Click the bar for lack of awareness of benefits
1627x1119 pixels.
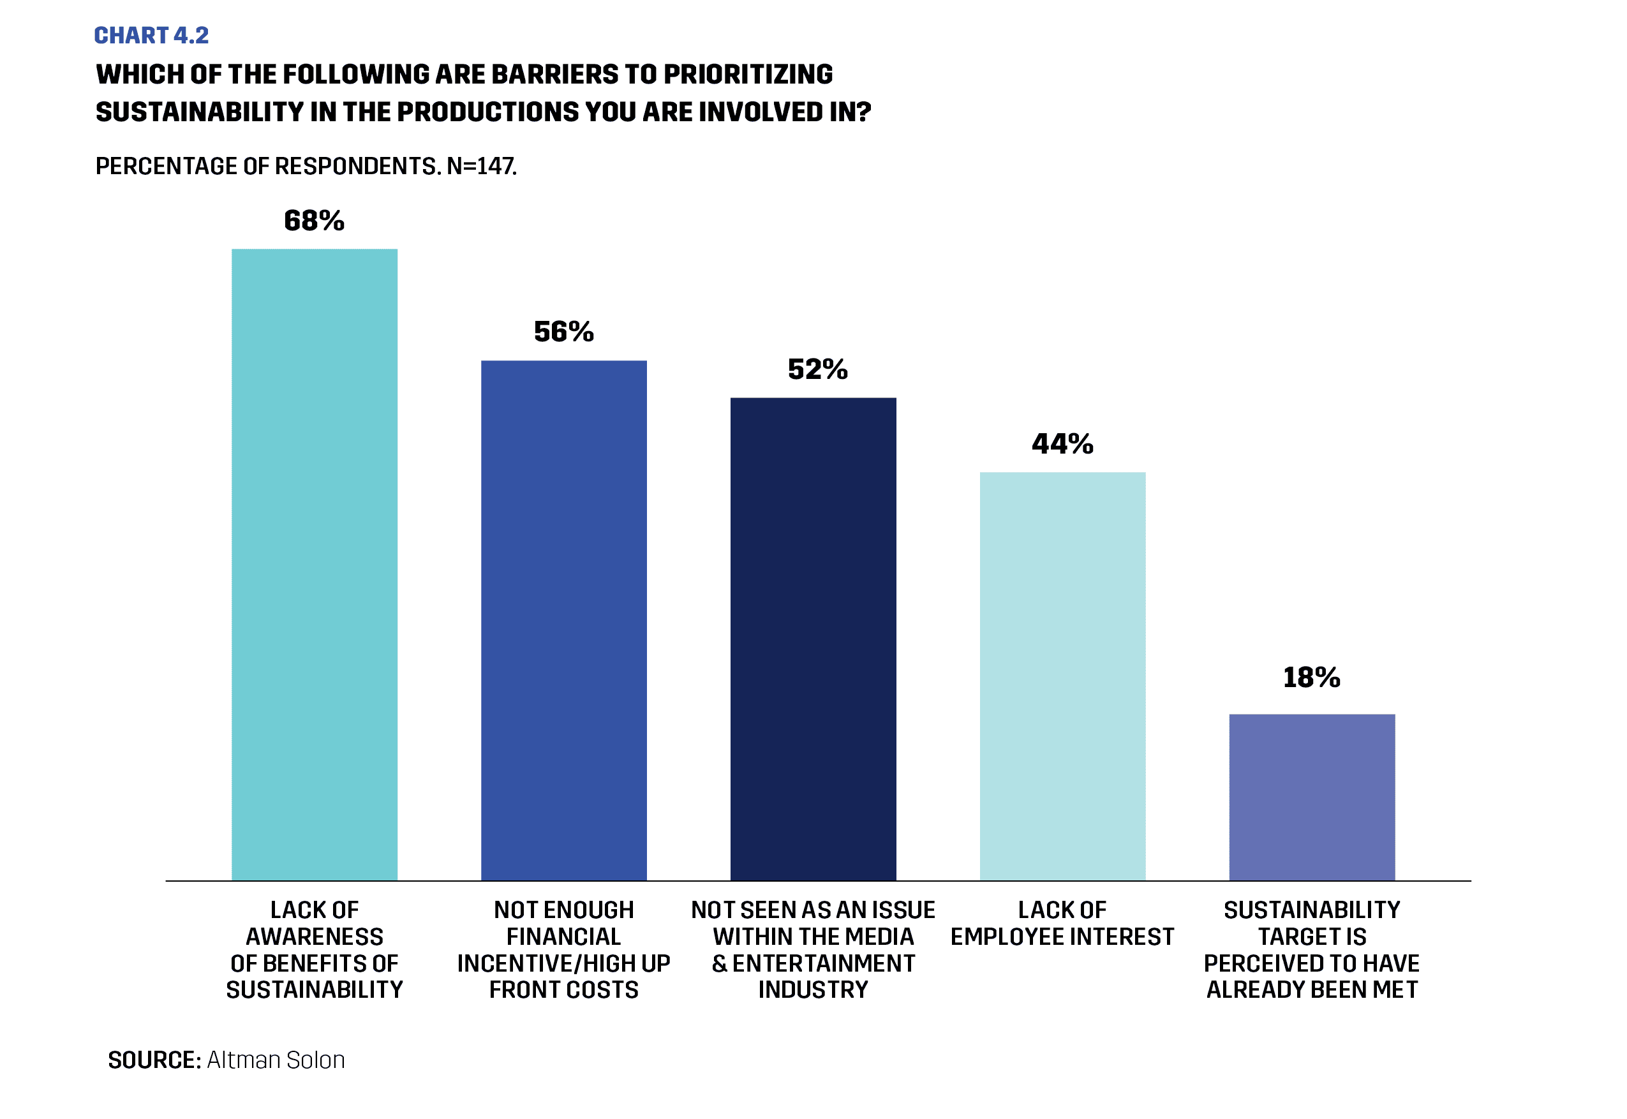pos(314,565)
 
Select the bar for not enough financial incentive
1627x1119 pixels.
pos(563,621)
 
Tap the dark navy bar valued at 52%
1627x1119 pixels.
pos(813,639)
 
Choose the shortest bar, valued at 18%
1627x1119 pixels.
pos(1312,797)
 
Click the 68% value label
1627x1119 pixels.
pos(314,221)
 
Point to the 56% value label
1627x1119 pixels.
pos(563,332)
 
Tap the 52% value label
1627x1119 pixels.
pos(817,369)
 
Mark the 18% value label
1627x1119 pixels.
pos(1312,678)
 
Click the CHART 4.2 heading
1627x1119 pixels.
pos(151,35)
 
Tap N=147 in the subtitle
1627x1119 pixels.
pos(482,166)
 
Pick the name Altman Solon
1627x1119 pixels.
pos(276,1060)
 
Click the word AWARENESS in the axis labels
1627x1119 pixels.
pos(314,937)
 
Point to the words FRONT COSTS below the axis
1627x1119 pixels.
pos(563,989)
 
